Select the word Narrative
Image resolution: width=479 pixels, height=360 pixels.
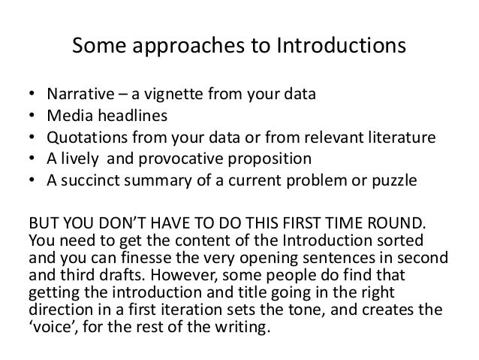click(x=77, y=95)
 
